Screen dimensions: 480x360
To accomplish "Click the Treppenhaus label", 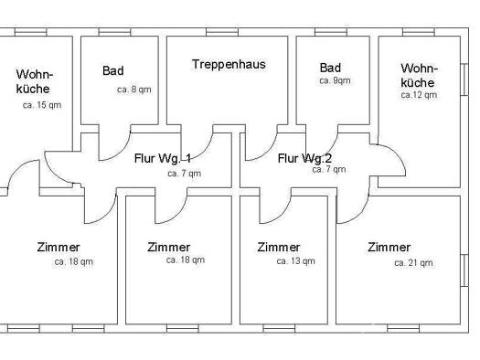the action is coord(229,65).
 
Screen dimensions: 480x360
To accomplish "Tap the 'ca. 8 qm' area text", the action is coord(134,90).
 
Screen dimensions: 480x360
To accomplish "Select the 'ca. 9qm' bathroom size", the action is coord(335,80).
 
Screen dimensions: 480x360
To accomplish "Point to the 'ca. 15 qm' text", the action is coord(42,105).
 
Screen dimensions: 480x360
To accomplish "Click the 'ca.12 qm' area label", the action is coord(419,95).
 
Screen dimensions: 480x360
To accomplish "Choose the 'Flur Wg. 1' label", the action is coord(163,158).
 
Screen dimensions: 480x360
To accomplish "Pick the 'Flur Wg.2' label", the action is coord(304,158).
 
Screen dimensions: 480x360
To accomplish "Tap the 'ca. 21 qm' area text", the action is coord(413,263).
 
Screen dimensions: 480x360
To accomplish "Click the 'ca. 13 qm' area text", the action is coord(295,261).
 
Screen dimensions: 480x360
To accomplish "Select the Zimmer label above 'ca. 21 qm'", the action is coord(389,247).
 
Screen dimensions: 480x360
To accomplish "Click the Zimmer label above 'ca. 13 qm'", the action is coord(279,247).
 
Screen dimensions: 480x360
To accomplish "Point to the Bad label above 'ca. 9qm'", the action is coord(330,68).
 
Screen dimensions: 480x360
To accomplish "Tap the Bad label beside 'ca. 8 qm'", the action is coord(113,70).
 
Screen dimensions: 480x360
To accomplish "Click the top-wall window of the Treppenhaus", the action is coord(222,32).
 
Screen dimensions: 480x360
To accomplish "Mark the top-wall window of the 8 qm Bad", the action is coord(114,32).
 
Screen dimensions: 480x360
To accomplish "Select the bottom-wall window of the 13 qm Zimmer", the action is coord(279,329).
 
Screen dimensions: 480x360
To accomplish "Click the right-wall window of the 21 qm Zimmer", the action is coord(464,270).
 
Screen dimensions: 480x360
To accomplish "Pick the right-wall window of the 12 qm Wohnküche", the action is coord(464,79).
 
